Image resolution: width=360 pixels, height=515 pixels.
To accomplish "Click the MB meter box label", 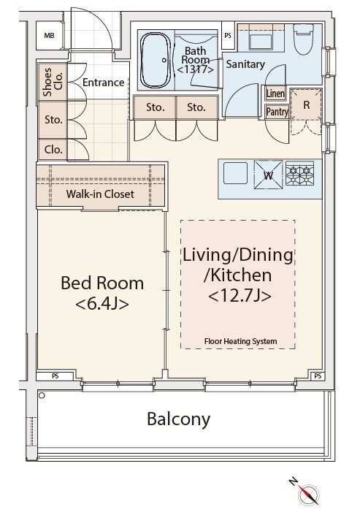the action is click(49, 36).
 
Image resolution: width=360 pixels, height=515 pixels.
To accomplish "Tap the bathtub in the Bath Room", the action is click(156, 60).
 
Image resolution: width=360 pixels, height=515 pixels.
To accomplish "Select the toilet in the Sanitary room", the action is click(304, 39).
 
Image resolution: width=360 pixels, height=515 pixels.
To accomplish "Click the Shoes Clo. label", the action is click(53, 82).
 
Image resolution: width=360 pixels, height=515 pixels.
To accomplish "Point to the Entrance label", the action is click(103, 83).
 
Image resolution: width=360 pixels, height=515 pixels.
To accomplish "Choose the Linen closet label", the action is click(275, 94).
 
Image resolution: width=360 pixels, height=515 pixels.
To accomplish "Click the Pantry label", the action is click(277, 112).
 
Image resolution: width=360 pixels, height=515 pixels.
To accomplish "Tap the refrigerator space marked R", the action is click(306, 105).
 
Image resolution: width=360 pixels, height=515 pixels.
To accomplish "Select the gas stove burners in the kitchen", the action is click(299, 173).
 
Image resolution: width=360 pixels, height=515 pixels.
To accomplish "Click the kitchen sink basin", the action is click(235, 173).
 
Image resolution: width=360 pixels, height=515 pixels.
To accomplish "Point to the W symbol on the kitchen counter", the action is click(269, 175).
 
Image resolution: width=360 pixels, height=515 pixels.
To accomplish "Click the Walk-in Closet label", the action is click(100, 194).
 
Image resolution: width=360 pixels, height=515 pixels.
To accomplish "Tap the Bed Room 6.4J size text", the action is click(102, 305).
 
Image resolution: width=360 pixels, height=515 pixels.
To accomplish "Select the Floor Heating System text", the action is click(240, 341).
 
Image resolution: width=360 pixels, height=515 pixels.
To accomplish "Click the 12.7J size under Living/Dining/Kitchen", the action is click(240, 296).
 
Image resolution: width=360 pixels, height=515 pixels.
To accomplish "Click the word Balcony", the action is click(178, 419).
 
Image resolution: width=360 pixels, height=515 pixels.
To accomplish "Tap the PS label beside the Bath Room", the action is click(228, 36).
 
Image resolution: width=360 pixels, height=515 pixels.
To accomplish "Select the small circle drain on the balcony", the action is click(42, 395).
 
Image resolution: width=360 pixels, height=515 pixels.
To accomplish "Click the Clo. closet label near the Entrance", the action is click(53, 150).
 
